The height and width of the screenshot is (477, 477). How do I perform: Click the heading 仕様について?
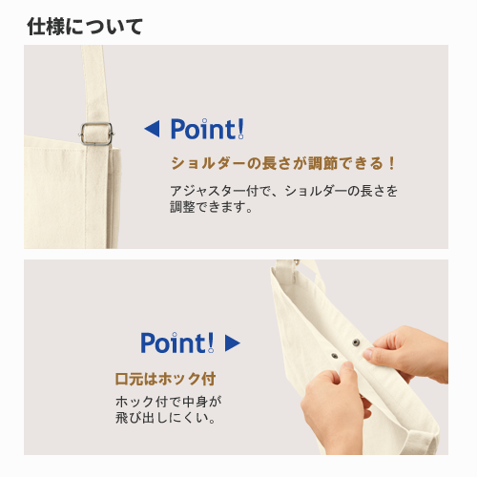(85, 27)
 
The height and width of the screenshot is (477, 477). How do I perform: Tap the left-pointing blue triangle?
(153, 129)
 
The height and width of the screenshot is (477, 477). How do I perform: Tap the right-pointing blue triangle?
(233, 342)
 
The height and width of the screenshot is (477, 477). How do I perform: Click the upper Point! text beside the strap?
(207, 129)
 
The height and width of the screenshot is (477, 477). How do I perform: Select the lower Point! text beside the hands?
(177, 342)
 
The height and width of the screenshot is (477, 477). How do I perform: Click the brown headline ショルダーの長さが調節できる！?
(283, 163)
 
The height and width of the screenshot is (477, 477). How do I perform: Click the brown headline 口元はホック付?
(165, 379)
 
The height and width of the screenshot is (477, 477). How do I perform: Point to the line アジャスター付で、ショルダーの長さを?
(283, 191)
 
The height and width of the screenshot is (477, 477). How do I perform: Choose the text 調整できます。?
(212, 207)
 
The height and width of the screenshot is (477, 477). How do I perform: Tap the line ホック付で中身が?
(169, 402)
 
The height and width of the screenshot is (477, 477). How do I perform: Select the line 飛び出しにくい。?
(166, 418)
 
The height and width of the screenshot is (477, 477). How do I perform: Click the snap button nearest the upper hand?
(356, 342)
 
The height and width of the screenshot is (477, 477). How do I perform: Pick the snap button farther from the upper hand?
(334, 355)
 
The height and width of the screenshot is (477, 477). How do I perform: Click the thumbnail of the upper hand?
(368, 353)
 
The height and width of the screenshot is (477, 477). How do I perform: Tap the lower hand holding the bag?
(334, 407)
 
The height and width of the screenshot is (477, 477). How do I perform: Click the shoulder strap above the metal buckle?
(94, 84)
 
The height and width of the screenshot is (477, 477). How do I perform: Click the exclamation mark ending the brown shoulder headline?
(391, 163)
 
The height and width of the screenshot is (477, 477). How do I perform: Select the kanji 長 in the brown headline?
(269, 163)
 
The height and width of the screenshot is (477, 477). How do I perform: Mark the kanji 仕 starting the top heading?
(35, 27)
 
